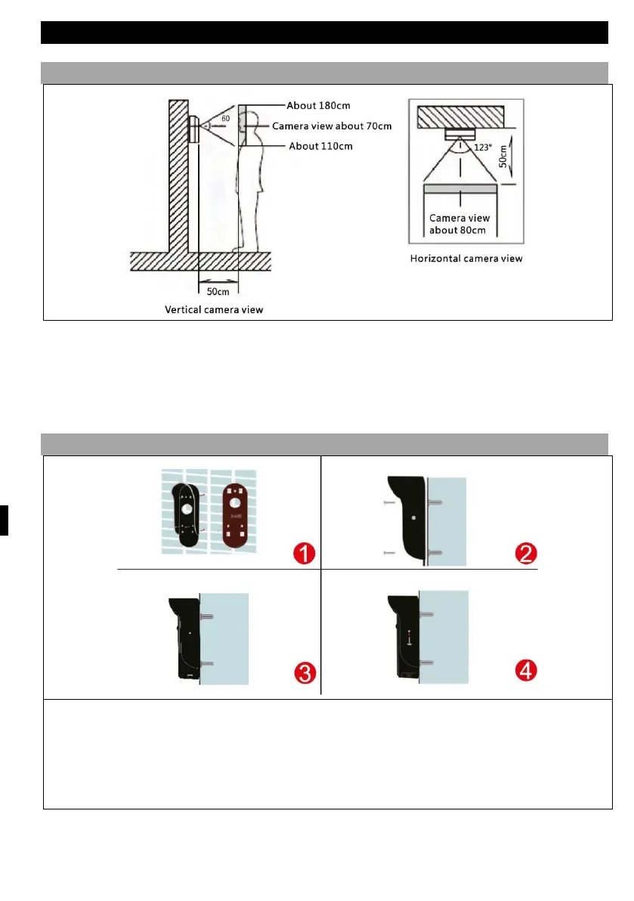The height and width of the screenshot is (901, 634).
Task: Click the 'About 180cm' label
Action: coord(318,105)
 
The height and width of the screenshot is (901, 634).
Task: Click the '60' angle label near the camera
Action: coord(225,119)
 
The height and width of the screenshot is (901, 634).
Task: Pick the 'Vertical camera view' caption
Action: coord(214,309)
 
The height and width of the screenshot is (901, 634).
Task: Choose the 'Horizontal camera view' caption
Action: coord(465,259)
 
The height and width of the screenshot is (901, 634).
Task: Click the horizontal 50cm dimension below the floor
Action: coord(218,290)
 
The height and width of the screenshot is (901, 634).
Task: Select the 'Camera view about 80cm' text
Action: coord(459,224)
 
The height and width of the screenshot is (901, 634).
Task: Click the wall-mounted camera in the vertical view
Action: coord(193,130)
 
